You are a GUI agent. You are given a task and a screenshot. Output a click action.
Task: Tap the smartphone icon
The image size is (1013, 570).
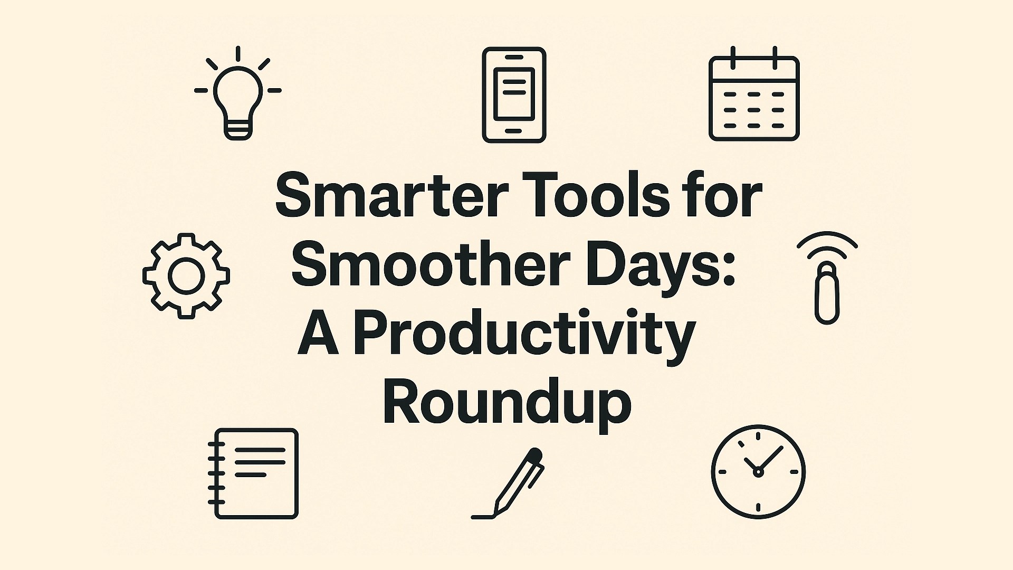point(514,95)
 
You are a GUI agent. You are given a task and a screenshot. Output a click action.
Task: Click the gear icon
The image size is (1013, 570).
point(186,275)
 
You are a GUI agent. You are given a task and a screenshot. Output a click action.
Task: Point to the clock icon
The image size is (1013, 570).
point(758,471)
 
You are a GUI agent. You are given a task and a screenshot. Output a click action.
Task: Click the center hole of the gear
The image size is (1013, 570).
point(186,275)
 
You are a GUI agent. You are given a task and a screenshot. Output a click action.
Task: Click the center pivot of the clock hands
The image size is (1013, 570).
point(758,472)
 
